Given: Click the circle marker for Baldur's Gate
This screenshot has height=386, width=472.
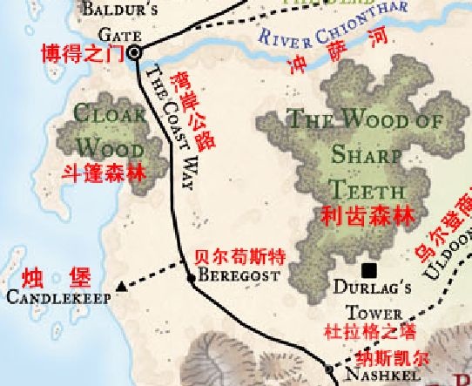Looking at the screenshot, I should [135, 54].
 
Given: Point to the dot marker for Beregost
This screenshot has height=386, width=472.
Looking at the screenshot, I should [192, 279].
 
